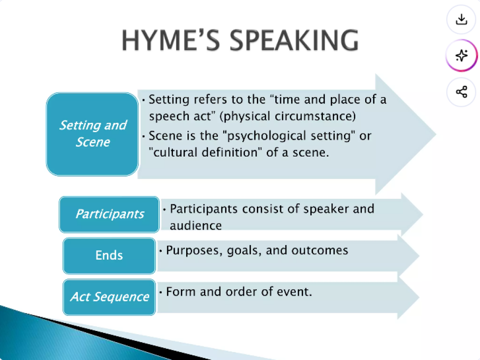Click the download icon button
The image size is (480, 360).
pyautogui.click(x=461, y=19)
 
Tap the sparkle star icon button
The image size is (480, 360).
pyautogui.click(x=461, y=55)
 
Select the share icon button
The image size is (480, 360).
pyautogui.click(x=461, y=92)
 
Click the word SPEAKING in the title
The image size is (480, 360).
pyautogui.click(x=294, y=40)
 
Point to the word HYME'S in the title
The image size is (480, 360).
pyautogui.click(x=171, y=40)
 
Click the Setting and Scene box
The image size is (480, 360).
pyautogui.click(x=92, y=134)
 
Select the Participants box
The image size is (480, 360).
pyautogui.click(x=109, y=214)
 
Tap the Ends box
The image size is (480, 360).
pyautogui.click(x=109, y=255)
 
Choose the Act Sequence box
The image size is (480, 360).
pyautogui.click(x=109, y=297)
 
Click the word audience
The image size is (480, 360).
pyautogui.click(x=195, y=225)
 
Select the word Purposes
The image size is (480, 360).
pyautogui.click(x=194, y=251)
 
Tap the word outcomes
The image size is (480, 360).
pyautogui.click(x=320, y=250)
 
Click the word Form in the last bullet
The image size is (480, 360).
pyautogui.click(x=180, y=292)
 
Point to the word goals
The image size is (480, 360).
pyautogui.click(x=244, y=251)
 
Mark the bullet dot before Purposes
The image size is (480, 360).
pyautogui.click(x=160, y=251)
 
